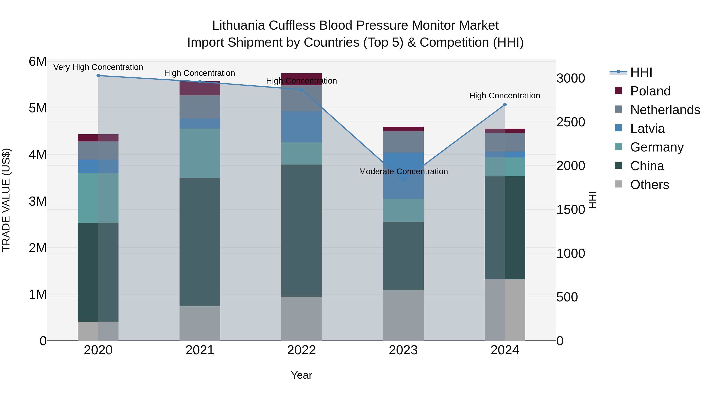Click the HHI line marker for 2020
click(x=98, y=76)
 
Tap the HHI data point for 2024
click(x=505, y=105)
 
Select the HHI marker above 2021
click(x=200, y=82)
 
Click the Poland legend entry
click(x=650, y=91)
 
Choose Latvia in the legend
click(x=647, y=129)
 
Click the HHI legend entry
click(x=641, y=72)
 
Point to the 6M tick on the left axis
click(x=38, y=62)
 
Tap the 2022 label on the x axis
click(x=301, y=350)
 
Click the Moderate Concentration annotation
click(x=403, y=171)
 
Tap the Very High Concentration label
click(x=98, y=67)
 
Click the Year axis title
click(x=301, y=375)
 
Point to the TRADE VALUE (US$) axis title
click(x=6, y=200)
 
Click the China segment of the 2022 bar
click(x=301, y=231)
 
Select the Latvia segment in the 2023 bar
click(x=403, y=176)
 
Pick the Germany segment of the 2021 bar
click(x=200, y=153)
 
